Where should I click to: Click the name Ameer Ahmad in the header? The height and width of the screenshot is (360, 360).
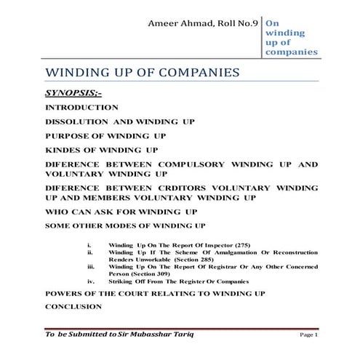(179, 24)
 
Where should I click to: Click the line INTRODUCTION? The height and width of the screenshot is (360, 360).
(81, 108)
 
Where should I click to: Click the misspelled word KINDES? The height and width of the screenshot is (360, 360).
(64, 150)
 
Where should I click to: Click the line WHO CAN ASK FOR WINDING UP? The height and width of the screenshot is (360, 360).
(121, 211)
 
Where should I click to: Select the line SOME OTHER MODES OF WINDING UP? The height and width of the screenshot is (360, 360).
(125, 226)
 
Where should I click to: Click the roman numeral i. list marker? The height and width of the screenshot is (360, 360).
(89, 244)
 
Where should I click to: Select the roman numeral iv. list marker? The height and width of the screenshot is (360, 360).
(89, 284)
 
